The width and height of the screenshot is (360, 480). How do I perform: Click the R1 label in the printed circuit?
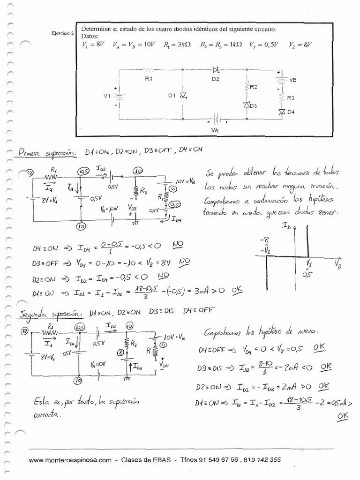pyautogui.click(x=149, y=79)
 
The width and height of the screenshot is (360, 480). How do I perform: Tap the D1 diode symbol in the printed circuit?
pyautogui.click(x=183, y=96)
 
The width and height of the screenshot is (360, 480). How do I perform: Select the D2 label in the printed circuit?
pyautogui.click(x=215, y=79)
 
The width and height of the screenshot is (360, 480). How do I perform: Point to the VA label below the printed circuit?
pyautogui.click(x=215, y=130)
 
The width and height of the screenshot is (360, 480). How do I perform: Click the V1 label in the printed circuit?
pyautogui.click(x=107, y=96)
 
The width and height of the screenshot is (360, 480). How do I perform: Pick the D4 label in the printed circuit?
pyautogui.click(x=291, y=112)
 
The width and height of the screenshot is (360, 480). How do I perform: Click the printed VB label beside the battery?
pyautogui.click(x=293, y=80)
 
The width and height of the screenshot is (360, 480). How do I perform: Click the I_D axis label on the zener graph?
pyautogui.click(x=286, y=226)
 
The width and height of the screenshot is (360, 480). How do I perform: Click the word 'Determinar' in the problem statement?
pyautogui.click(x=96, y=29)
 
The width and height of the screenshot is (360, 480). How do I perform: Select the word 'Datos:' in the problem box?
pyautogui.click(x=90, y=36)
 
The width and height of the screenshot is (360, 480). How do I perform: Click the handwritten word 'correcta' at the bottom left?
pyautogui.click(x=47, y=415)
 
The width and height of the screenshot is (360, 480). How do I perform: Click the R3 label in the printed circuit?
pyautogui.click(x=291, y=98)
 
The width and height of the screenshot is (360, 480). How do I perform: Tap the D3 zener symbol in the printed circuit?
pyautogui.click(x=247, y=105)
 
